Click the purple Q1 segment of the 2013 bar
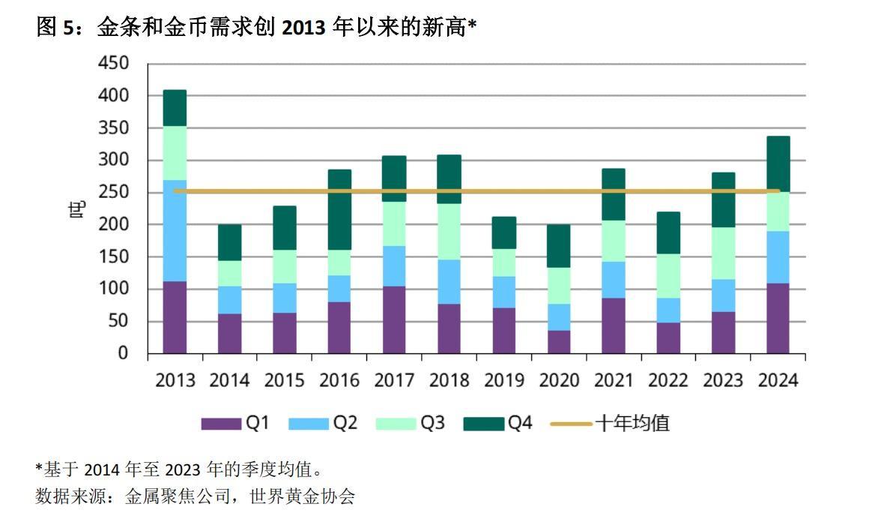point(175,317)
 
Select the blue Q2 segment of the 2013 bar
point(175,230)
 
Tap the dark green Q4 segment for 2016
point(339,209)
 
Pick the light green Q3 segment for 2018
point(449,231)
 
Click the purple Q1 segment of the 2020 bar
point(558,341)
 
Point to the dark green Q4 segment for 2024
point(778,163)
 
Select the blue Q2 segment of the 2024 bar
point(778,256)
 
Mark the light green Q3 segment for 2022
point(668,275)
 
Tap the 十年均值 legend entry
point(610,424)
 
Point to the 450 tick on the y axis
point(113,64)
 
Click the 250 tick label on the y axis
point(113,193)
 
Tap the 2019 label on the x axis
point(503,380)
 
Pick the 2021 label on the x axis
point(614,380)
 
